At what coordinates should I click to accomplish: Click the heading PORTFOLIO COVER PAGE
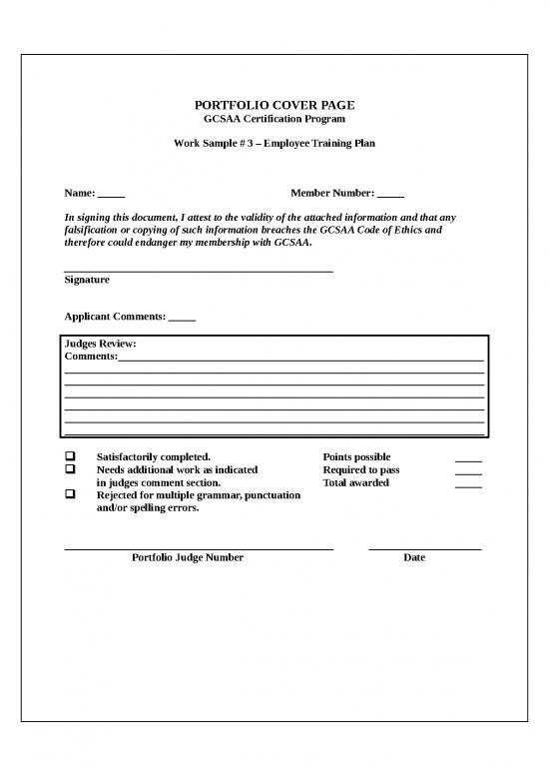(x=274, y=105)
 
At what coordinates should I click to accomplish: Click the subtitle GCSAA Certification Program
(x=274, y=119)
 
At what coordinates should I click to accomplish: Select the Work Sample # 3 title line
(x=274, y=144)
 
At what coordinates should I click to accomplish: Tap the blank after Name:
(x=112, y=194)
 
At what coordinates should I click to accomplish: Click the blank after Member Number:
(x=390, y=194)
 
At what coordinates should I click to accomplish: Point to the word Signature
(x=87, y=280)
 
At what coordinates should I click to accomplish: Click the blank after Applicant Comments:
(x=183, y=318)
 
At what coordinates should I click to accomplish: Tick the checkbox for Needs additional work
(x=71, y=469)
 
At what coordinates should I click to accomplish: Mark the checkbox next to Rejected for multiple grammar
(x=71, y=495)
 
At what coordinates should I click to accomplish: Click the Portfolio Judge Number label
(x=188, y=557)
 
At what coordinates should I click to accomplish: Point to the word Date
(x=414, y=557)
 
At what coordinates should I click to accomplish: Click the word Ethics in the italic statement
(x=423, y=230)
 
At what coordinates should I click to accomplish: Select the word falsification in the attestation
(x=95, y=230)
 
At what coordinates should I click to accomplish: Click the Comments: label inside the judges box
(x=90, y=357)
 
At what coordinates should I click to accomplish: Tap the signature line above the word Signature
(x=199, y=271)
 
